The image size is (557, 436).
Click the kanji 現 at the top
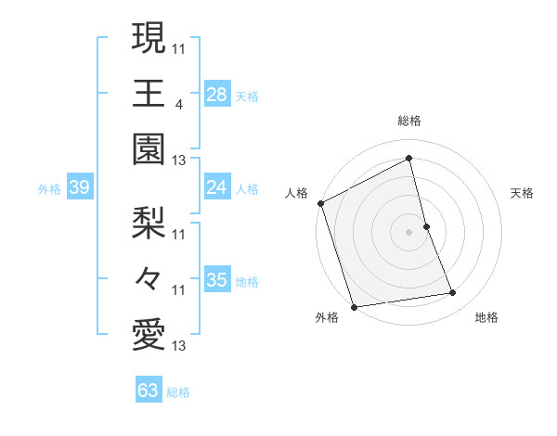[149, 38]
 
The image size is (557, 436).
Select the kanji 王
[149, 94]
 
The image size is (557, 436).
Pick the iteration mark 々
[149, 278]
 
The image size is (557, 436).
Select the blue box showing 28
[216, 94]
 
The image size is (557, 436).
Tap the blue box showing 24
[216, 187]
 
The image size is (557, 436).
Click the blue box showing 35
[216, 280]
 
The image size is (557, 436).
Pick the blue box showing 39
[79, 188]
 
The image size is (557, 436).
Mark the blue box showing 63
[149, 391]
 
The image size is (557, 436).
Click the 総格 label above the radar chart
[409, 121]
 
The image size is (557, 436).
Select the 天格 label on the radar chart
[523, 193]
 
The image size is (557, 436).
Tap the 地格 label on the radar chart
[486, 317]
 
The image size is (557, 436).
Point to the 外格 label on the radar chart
[327, 317]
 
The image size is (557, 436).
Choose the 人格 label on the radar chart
[296, 193]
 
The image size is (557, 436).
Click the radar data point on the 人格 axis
[321, 203]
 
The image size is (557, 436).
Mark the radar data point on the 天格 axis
[426, 225]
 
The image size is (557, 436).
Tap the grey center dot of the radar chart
[408, 231]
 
